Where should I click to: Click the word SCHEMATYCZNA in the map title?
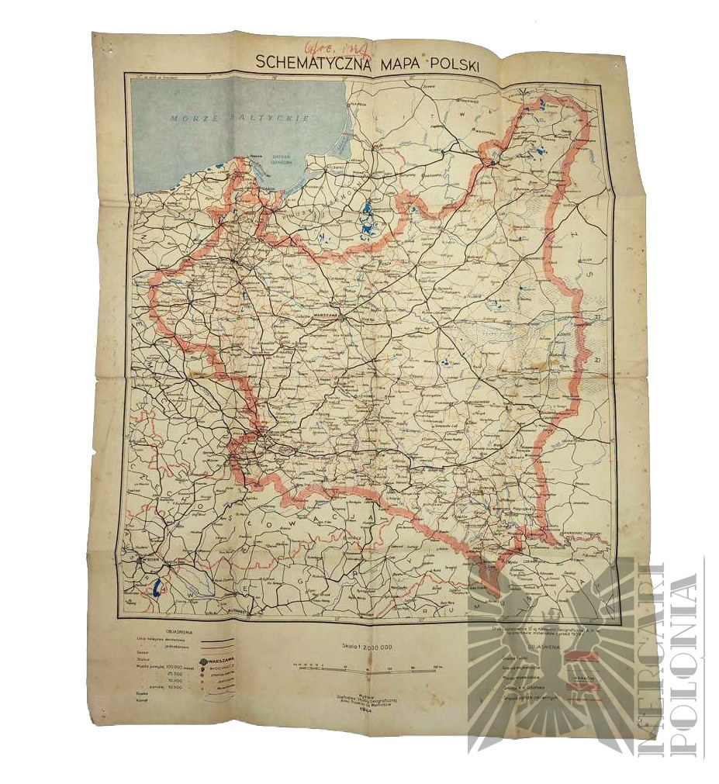tap(314, 65)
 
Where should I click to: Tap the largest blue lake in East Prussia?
tap(365, 208)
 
